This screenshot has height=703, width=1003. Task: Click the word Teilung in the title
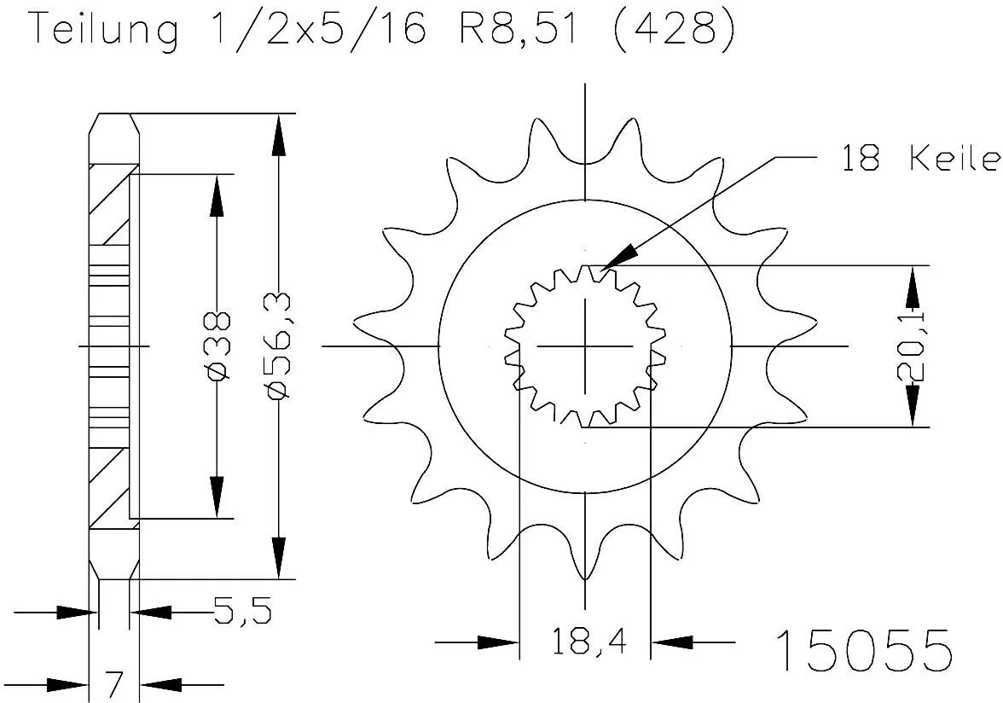pyautogui.click(x=105, y=32)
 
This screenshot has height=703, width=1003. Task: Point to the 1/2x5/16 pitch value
pyautogui.click(x=316, y=32)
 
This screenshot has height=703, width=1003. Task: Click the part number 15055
pyautogui.click(x=862, y=651)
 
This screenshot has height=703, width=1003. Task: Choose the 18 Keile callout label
pyautogui.click(x=919, y=159)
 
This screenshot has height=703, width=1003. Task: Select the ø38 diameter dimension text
pyautogui.click(x=219, y=346)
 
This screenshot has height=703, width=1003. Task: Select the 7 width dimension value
pyautogui.click(x=114, y=683)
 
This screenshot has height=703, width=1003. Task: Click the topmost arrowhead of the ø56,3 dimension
pyautogui.click(x=277, y=137)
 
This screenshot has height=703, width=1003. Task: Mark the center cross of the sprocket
pyautogui.click(x=585, y=346)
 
